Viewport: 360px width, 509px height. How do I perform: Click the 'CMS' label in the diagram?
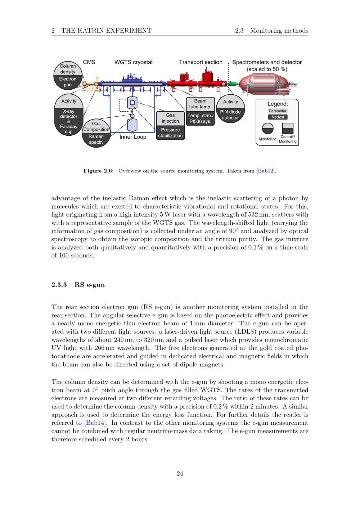point(89,62)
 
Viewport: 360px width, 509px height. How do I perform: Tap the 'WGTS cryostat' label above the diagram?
point(133,62)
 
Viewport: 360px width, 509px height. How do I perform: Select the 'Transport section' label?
point(201,62)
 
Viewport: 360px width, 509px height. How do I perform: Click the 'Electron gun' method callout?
point(68,82)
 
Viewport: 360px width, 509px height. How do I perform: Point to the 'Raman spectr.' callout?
point(96,139)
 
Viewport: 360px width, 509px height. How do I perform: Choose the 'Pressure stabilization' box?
point(170,133)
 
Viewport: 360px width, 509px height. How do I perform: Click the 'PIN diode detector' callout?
point(230,115)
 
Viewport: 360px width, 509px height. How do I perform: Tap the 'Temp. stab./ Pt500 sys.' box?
point(200,118)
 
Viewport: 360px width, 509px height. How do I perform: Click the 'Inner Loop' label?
point(133,137)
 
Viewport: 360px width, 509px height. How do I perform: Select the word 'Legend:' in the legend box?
point(277,104)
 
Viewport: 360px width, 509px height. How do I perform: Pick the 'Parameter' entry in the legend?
point(278,111)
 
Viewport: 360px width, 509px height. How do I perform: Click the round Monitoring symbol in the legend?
point(267,129)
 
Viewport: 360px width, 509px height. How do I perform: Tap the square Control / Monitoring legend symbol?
point(287,129)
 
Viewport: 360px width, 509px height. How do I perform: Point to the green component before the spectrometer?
point(233,84)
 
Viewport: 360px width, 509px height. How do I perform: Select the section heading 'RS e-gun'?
point(89,285)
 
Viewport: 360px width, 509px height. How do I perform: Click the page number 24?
point(180,474)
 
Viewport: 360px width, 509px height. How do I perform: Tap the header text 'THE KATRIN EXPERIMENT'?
point(106,31)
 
